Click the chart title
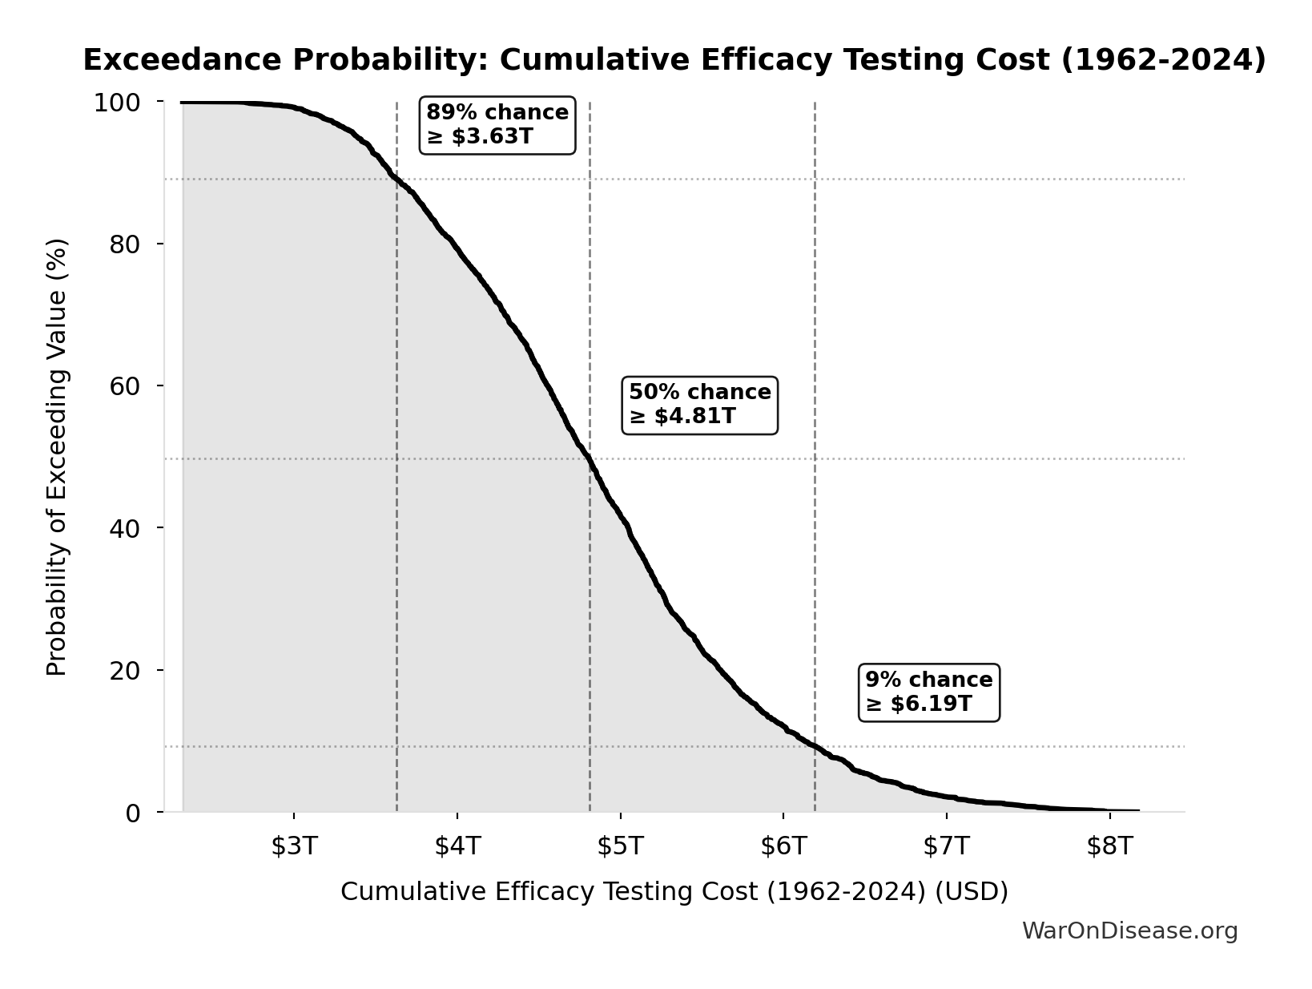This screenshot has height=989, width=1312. pos(674,60)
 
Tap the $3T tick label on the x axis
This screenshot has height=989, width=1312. pos(294,846)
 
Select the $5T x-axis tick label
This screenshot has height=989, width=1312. pos(620,846)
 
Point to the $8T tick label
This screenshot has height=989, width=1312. pos(1109,846)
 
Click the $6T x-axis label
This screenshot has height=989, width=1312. pos(783,846)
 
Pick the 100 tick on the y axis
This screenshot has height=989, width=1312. pos(117,103)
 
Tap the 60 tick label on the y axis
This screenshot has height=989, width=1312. pos(125,386)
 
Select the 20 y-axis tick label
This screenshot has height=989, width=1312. pos(125,670)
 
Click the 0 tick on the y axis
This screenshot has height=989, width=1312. pos(133,813)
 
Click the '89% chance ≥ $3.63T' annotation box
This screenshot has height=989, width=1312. pos(497,125)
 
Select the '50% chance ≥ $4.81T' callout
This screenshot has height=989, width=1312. pos(699,405)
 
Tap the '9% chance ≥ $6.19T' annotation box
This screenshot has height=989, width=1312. pos(929,692)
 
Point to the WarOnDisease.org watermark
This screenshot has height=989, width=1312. pos(1129,930)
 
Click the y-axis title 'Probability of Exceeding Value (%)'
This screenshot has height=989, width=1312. pos(57,457)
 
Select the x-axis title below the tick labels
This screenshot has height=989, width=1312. pos(674,891)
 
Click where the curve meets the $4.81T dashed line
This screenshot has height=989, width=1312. pos(590,459)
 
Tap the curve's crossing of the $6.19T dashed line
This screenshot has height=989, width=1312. pos(815,747)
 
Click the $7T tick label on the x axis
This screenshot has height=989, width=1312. pos(947,846)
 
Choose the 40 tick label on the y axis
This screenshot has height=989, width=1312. pos(125,528)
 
